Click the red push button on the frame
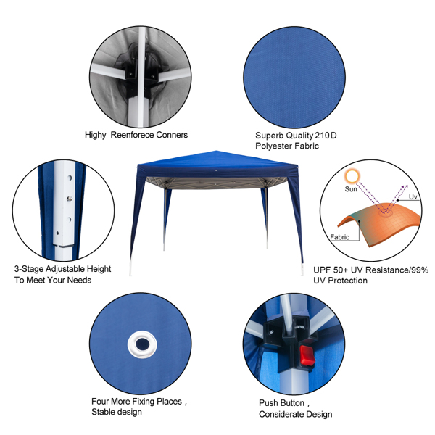[x=307, y=355]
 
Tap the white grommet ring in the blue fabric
[x=142, y=344]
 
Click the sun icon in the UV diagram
[x=352, y=176]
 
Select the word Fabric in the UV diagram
[x=339, y=237]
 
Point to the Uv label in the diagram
[x=413, y=196]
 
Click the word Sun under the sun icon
[x=351, y=189]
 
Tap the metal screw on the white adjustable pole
[x=70, y=199]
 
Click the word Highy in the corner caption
[x=95, y=136]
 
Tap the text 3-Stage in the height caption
[x=29, y=269]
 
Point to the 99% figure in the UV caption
[x=420, y=270]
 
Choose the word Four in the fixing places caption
[x=101, y=402]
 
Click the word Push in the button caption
[x=268, y=403]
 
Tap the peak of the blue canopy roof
[x=216, y=151]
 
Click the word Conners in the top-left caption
[x=172, y=135]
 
